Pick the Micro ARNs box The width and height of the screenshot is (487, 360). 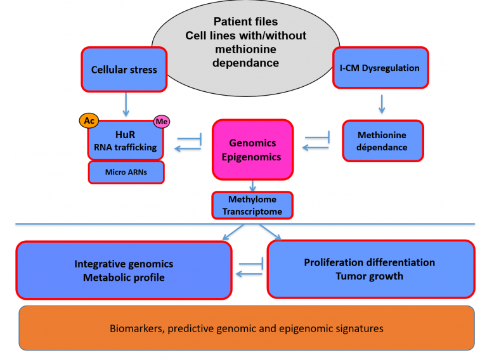(126, 172)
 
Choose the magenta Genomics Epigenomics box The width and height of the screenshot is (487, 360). (252, 150)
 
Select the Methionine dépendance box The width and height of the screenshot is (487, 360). (382, 141)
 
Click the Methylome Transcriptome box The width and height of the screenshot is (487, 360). (252, 205)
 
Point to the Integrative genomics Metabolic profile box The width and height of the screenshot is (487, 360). (124, 271)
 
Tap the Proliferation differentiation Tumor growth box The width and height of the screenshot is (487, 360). (370, 269)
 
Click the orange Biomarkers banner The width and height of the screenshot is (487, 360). (246, 328)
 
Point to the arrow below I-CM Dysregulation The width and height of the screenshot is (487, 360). (382, 103)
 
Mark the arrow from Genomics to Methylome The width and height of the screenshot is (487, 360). (252, 184)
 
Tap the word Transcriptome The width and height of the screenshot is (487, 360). (252, 211)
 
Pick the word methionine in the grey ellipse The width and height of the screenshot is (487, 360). (245, 49)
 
